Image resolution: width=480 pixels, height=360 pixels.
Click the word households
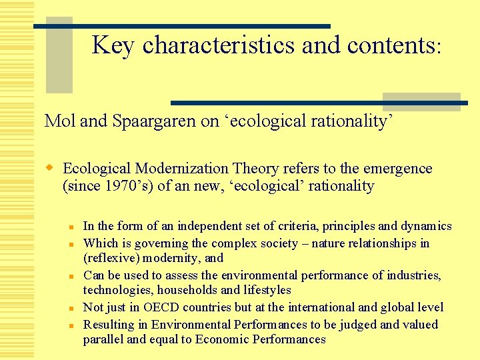coord(181,290)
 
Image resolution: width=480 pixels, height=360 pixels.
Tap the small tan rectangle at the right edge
coord(421,101)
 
